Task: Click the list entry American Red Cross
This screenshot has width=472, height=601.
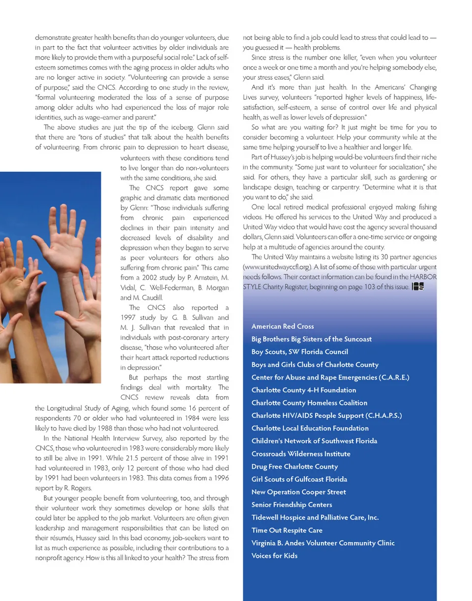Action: pos(282,326)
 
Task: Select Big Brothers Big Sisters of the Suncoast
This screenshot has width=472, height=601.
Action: pos(311,339)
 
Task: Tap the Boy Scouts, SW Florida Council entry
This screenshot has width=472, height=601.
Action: pos(299,352)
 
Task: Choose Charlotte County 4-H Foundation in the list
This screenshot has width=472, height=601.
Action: pos(303,390)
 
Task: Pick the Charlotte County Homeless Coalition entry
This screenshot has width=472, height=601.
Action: pos(309,403)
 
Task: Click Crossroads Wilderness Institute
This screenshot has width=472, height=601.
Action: pos(300,454)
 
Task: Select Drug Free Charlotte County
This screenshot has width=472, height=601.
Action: pos(295,467)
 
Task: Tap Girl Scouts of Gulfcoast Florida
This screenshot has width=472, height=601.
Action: pos(299,479)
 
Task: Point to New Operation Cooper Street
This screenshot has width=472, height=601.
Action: pos(298,492)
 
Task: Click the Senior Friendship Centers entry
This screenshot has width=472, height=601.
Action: pos(292,505)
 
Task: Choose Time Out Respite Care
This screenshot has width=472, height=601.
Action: pos(287,531)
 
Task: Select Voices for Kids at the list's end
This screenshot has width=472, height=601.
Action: pos(274,556)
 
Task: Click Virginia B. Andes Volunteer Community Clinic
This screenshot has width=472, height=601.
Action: pos(323,543)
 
